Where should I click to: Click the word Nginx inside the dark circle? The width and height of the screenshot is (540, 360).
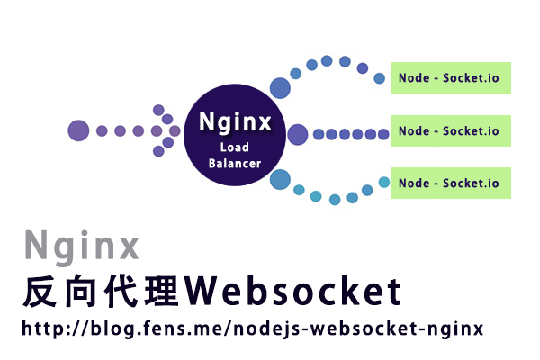(x=234, y=120)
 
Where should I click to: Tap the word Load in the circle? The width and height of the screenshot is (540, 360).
(x=235, y=148)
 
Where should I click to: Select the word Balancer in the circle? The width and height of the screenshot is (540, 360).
(x=235, y=164)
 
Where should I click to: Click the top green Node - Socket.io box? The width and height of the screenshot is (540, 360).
(x=450, y=78)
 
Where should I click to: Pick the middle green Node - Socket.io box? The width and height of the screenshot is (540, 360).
(x=450, y=131)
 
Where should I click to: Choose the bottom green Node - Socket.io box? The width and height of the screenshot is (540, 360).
(x=450, y=184)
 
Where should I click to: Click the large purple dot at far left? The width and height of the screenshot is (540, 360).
(x=79, y=130)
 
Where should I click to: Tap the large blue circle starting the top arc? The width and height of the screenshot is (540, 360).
(x=280, y=87)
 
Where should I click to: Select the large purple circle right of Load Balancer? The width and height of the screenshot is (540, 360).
(x=298, y=134)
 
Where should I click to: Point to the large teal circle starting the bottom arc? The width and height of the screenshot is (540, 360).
(x=280, y=179)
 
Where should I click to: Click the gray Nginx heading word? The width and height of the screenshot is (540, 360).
(x=82, y=246)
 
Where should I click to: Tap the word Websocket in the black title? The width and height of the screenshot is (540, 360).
(x=298, y=291)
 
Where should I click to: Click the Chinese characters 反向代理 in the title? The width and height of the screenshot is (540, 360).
(x=107, y=291)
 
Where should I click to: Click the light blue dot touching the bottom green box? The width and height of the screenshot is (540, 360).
(x=384, y=183)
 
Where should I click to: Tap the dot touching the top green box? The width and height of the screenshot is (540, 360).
(x=380, y=78)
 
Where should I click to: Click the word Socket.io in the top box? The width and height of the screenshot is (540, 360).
(x=471, y=78)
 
